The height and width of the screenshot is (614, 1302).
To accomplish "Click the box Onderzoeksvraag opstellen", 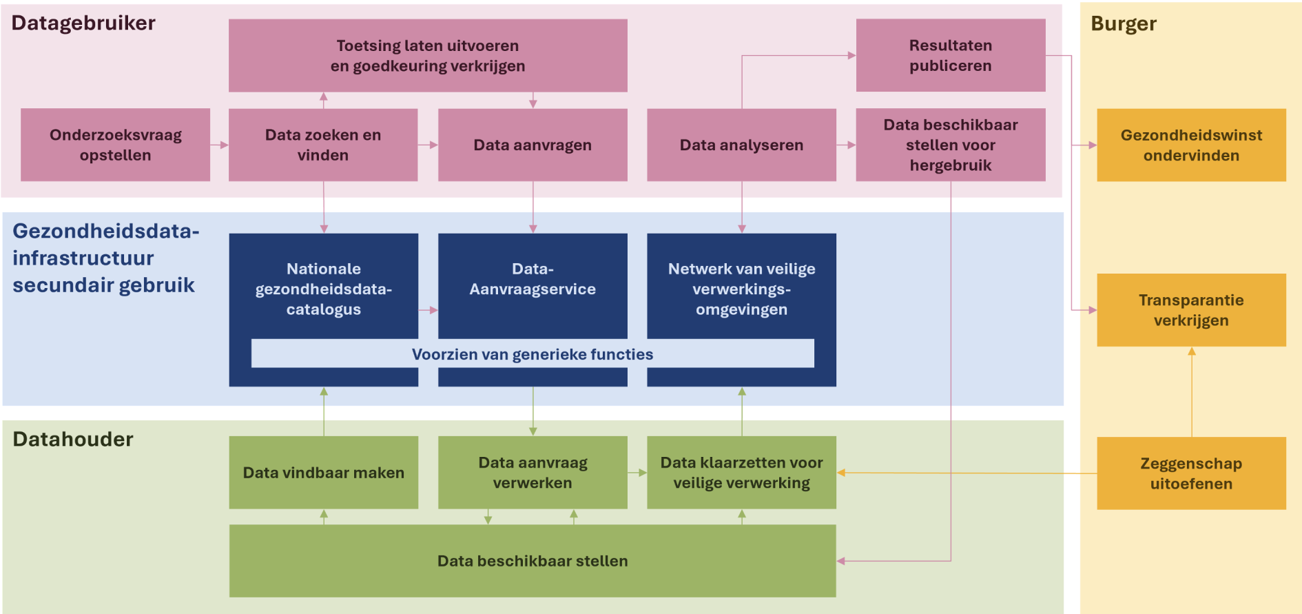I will coord(115,145).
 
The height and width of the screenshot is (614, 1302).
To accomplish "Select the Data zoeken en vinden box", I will coord(323,145).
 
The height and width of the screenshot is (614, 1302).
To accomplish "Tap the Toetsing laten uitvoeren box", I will coord(428,55).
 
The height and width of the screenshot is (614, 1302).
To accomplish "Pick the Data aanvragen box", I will coord(533,145).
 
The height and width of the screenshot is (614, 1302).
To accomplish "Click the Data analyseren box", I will coord(741,145).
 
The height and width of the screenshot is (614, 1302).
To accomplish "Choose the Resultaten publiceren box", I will coord(951,55).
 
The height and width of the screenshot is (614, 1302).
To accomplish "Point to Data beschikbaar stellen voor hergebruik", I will coord(951,145).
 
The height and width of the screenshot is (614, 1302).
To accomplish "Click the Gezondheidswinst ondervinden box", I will coord(1191,145).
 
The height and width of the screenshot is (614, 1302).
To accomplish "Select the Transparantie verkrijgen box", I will coord(1191,310).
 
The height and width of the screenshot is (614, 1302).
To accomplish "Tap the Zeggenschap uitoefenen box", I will coord(1191,473).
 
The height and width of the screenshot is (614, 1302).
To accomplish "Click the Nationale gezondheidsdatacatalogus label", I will coord(324,289).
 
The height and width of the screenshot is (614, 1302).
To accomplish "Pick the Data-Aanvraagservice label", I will coord(533,279).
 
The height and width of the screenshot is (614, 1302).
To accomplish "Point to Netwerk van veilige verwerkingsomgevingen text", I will coord(741,289).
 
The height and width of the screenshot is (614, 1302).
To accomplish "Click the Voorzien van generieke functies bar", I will coord(533,354).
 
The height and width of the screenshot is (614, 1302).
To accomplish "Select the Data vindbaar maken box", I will coord(324,473).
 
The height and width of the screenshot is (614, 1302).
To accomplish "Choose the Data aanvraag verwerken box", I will coord(533,473).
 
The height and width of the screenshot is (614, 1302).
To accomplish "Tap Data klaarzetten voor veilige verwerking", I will coord(741,473).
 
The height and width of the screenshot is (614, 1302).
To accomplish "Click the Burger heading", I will coord(1124,24).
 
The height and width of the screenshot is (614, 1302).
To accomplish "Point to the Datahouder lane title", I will coord(73,439).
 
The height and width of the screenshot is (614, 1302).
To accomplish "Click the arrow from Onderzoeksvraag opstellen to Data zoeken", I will coord(219,145).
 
